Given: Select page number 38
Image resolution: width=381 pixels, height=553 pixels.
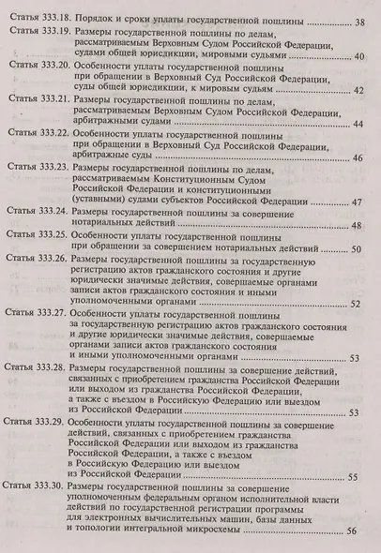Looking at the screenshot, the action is coord(360,22).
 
